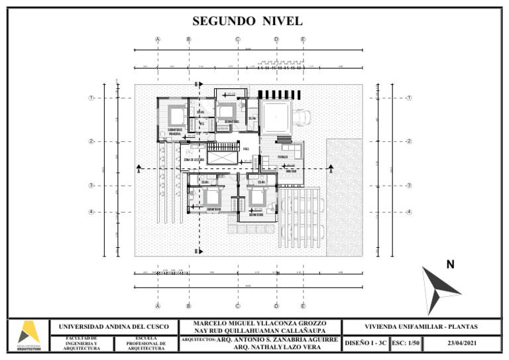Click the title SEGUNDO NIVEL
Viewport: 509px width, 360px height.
[x=247, y=21]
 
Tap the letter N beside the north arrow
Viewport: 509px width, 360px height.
[x=450, y=265]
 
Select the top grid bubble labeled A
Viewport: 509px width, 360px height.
[x=158, y=39]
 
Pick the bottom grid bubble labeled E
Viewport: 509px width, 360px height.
[x=303, y=306]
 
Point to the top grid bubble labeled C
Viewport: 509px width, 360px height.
[x=237, y=39]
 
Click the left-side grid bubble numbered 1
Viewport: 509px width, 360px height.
[x=91, y=98]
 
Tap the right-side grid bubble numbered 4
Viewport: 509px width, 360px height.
[x=409, y=212]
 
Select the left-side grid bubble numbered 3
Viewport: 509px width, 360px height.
[x=91, y=186]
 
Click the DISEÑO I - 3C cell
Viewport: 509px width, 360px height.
[x=365, y=343]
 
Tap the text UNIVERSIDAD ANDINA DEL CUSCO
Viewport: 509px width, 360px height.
[x=114, y=327]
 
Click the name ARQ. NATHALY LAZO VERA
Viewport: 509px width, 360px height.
[x=278, y=347]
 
